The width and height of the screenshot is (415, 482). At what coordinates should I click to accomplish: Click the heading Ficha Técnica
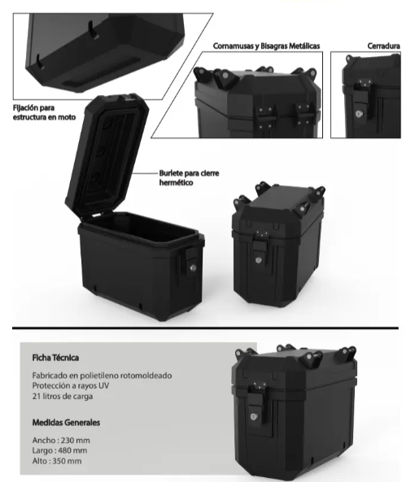pyautogui.click(x=55, y=358)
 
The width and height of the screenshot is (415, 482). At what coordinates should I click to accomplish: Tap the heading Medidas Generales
pyautogui.click(x=66, y=423)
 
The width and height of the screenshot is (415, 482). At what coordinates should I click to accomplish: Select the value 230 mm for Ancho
pyautogui.click(x=76, y=441)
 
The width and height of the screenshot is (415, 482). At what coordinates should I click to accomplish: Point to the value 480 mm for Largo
pyautogui.click(x=72, y=450)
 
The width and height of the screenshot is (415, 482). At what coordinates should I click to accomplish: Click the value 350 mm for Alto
pyautogui.click(x=67, y=461)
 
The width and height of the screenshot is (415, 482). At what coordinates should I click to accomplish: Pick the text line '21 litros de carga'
pyautogui.click(x=63, y=396)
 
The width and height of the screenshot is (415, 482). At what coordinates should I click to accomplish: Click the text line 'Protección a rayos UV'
pyautogui.click(x=71, y=385)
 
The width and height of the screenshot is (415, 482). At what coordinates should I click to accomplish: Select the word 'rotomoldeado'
pyautogui.click(x=146, y=376)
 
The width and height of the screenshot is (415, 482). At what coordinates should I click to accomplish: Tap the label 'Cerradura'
pyautogui.click(x=383, y=46)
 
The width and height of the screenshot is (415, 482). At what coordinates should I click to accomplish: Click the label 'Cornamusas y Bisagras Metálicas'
pyautogui.click(x=266, y=46)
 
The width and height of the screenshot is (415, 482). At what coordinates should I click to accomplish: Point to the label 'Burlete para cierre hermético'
pyautogui.click(x=189, y=178)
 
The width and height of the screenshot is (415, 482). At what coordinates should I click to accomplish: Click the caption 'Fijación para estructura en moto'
pyautogui.click(x=44, y=112)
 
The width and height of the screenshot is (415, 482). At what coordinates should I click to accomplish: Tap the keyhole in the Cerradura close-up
pyautogui.click(x=359, y=114)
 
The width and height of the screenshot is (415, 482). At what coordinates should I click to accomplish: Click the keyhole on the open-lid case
pyautogui.click(x=193, y=268)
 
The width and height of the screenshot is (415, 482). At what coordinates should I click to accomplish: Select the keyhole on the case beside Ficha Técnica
pyautogui.click(x=254, y=417)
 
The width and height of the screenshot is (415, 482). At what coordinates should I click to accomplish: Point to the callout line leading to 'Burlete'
pyautogui.click(x=145, y=173)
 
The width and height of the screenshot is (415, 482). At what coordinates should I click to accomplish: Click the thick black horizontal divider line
pyautogui.click(x=205, y=328)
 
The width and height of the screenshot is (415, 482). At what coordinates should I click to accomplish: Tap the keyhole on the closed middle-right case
pyautogui.click(x=259, y=260)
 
